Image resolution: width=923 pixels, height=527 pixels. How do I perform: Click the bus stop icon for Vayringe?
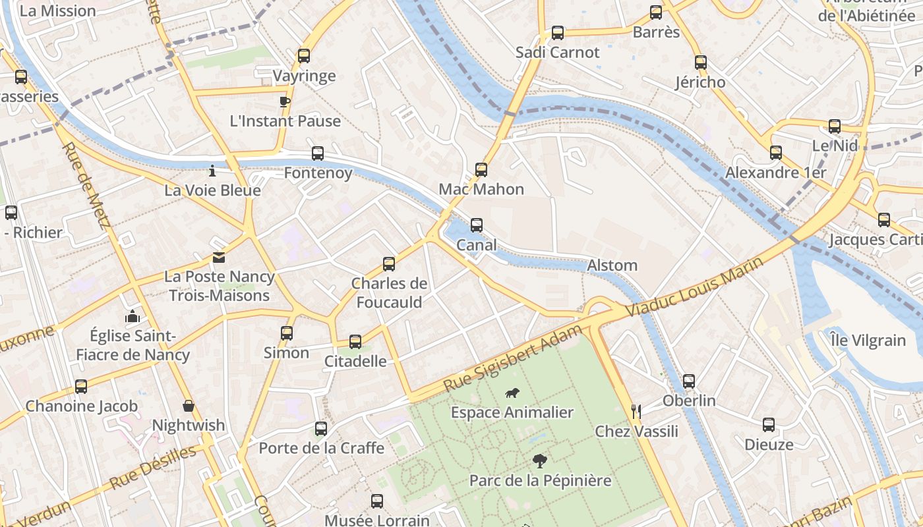303,56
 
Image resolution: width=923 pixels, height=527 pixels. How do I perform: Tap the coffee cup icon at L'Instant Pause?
284,101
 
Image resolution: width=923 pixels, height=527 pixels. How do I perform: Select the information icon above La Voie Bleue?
212,171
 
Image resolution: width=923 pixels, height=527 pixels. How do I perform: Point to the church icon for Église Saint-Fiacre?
133,316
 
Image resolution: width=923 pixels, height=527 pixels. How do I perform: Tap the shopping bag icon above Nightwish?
189,406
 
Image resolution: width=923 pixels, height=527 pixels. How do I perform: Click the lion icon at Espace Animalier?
511,393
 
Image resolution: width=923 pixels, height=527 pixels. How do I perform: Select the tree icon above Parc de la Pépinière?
539,460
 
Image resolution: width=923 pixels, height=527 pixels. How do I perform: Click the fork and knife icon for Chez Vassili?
636,412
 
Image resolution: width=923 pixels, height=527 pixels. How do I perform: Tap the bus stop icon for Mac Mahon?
481,170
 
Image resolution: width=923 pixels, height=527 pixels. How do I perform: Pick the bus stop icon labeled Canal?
477,225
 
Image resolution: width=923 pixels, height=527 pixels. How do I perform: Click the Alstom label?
612,265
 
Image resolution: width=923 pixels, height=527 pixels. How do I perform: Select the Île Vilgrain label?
868,341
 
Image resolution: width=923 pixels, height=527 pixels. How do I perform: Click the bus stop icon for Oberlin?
689,381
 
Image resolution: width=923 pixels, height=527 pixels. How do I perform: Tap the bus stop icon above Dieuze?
769,425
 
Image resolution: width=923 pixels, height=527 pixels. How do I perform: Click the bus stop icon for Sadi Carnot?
558,33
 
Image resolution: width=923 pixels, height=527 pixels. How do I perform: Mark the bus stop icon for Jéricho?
701,63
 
